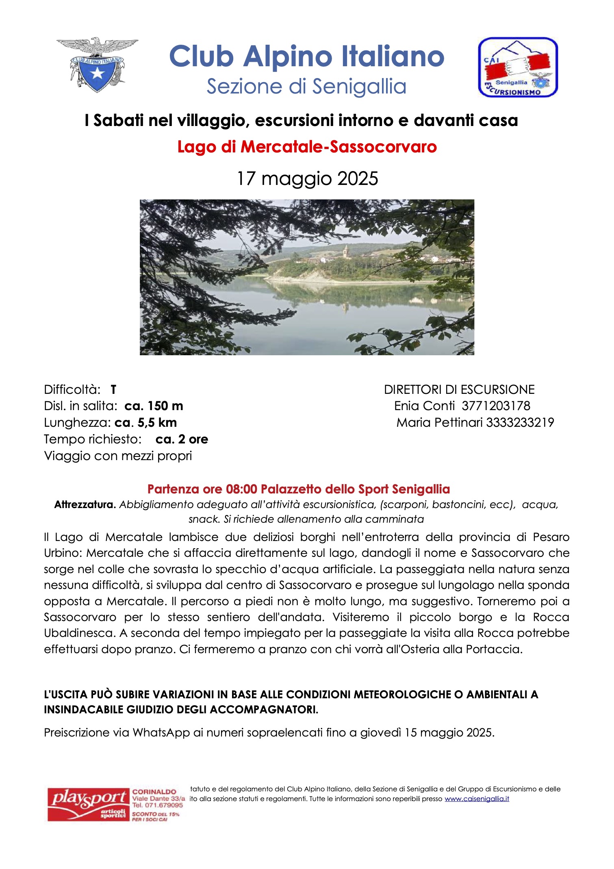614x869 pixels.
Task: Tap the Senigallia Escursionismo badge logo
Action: pyautogui.click(x=518, y=67)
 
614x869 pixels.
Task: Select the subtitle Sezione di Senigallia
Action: pyautogui.click(x=307, y=87)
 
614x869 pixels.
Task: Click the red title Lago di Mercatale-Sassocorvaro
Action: pyautogui.click(x=307, y=147)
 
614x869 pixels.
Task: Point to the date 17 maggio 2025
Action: pyautogui.click(x=307, y=178)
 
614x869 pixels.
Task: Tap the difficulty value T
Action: pyautogui.click(x=113, y=390)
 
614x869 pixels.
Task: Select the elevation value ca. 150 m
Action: pyautogui.click(x=154, y=406)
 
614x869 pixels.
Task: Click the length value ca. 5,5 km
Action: pyautogui.click(x=145, y=423)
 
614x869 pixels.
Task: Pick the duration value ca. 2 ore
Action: pyautogui.click(x=182, y=439)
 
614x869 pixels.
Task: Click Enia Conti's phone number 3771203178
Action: pyautogui.click(x=496, y=406)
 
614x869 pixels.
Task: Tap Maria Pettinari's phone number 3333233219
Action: pyautogui.click(x=520, y=423)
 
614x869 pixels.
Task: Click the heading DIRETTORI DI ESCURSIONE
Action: pyautogui.click(x=459, y=390)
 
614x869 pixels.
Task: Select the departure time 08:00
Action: pyautogui.click(x=242, y=489)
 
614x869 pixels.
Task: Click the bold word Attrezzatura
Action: pyautogui.click(x=85, y=505)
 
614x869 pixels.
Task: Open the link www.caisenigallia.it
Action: pyautogui.click(x=477, y=799)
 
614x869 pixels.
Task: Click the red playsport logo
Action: pyautogui.click(x=87, y=805)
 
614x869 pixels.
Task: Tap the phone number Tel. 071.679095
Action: pyautogui.click(x=158, y=805)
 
